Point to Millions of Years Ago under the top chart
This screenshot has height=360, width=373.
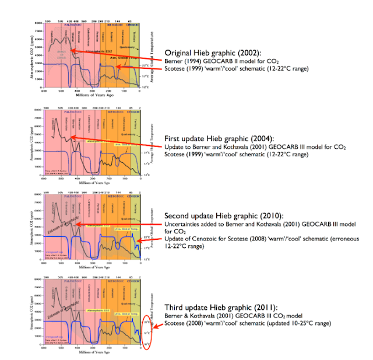90,95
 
